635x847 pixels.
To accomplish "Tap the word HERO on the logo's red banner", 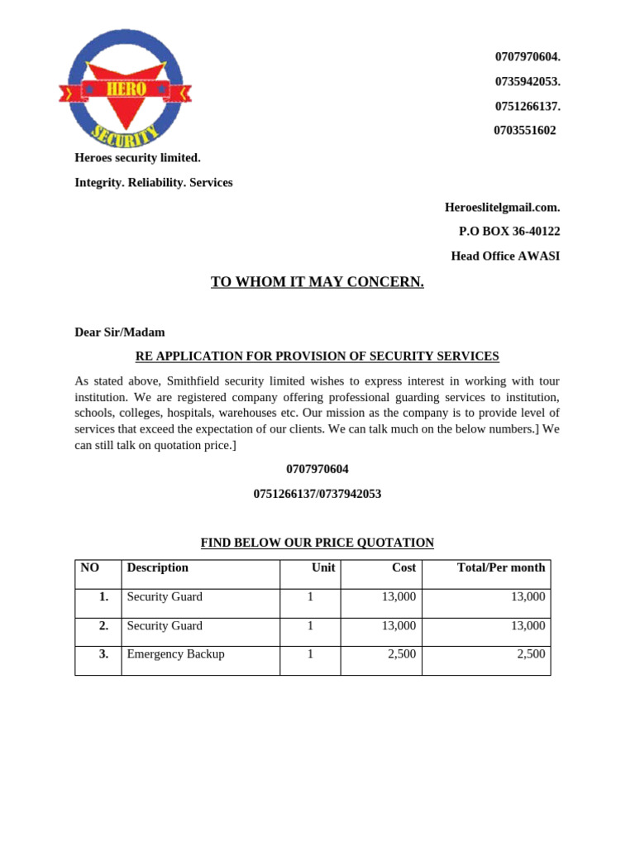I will [125, 89].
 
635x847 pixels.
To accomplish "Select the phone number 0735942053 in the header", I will [528, 81].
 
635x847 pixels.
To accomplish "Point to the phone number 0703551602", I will [525, 130].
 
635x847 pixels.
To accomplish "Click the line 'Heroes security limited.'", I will [137, 157].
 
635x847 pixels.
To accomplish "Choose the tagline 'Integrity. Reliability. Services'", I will [154, 182].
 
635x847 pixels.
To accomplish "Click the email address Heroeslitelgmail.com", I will [502, 207].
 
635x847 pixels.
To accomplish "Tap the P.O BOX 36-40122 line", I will [509, 232].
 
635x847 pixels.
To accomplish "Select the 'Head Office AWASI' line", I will [505, 256].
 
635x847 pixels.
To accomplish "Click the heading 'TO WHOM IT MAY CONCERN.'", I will [317, 282].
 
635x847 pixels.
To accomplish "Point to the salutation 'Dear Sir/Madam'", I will [120, 332].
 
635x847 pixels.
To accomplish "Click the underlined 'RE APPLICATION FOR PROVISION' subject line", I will [317, 357].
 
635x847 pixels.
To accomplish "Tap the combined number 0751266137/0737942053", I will [317, 494].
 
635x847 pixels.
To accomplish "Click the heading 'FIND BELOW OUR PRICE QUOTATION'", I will [317, 543].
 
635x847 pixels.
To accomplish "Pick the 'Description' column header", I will [157, 567].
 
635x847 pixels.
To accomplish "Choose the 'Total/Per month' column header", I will [501, 567].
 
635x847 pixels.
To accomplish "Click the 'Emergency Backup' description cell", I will [175, 653].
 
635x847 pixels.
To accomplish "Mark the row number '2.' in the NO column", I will [103, 625].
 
